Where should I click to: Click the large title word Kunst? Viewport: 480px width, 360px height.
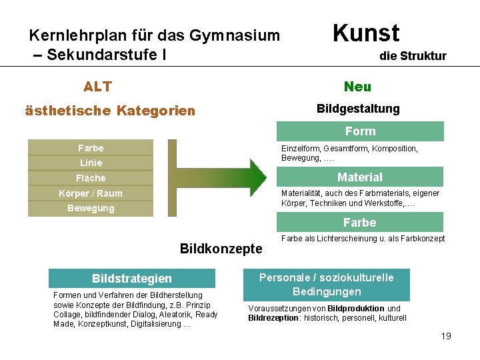[365, 33]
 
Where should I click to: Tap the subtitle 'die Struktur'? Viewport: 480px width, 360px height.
[413, 56]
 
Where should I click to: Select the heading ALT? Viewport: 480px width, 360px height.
[97, 87]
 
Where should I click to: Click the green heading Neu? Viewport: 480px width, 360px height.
[357, 87]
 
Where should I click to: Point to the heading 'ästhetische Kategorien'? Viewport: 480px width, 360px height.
[110, 111]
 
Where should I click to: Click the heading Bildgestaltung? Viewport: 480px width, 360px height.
[358, 108]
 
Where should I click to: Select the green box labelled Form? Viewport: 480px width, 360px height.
[360, 131]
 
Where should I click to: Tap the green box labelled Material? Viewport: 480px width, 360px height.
[360, 177]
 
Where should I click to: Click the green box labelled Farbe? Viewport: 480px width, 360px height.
[360, 222]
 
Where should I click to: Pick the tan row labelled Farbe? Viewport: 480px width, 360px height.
[91, 147]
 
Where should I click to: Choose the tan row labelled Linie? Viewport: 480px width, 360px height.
[91, 163]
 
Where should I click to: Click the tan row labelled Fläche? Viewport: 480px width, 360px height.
[91, 178]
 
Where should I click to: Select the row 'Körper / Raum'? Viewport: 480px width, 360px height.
[91, 193]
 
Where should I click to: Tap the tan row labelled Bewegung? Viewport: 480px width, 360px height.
[91, 208]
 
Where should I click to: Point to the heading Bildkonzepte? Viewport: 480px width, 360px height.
[221, 249]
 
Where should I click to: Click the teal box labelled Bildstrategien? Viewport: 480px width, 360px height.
[132, 278]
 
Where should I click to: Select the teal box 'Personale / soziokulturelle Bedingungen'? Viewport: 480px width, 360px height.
[327, 285]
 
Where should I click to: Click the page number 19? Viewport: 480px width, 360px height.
[446, 336]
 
